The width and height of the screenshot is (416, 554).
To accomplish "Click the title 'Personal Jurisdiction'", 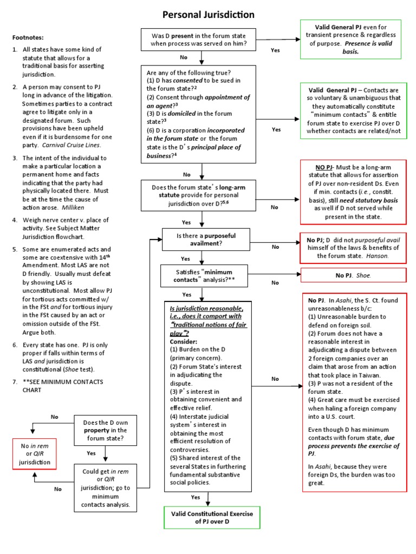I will (209, 15).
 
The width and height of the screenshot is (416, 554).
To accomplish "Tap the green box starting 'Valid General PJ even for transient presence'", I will (350, 38).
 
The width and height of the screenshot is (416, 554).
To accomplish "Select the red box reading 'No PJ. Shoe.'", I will (353, 275).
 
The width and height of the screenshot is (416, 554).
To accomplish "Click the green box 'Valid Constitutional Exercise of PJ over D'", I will (209, 516).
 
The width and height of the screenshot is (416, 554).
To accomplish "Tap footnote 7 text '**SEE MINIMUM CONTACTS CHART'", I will (57, 386).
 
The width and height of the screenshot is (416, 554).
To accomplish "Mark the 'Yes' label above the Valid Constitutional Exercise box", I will (195, 497).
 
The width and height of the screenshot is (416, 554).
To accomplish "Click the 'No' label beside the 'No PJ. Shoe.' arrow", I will (275, 282).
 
